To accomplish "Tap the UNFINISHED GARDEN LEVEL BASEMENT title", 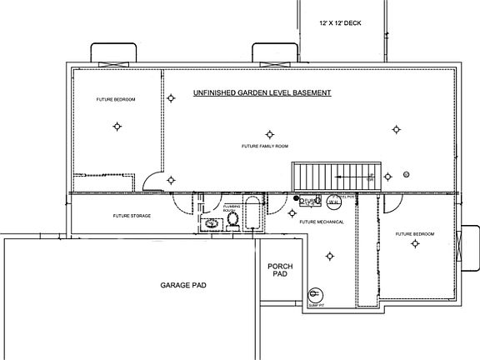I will pyautogui.click(x=262, y=92).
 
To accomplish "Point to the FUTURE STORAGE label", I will pyautogui.click(x=132, y=215).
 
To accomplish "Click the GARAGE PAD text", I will pyautogui.click(x=183, y=285).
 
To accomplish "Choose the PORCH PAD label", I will pyautogui.click(x=278, y=271).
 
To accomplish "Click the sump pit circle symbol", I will pyautogui.click(x=315, y=293).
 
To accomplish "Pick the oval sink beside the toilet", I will pyautogui.click(x=212, y=223).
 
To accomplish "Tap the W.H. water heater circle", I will pyautogui.click(x=332, y=202).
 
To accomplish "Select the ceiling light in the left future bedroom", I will pyautogui.click(x=117, y=127).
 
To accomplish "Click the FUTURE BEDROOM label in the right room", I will pyautogui.click(x=414, y=233).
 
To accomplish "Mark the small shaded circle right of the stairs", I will pyautogui.click(x=406, y=173).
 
